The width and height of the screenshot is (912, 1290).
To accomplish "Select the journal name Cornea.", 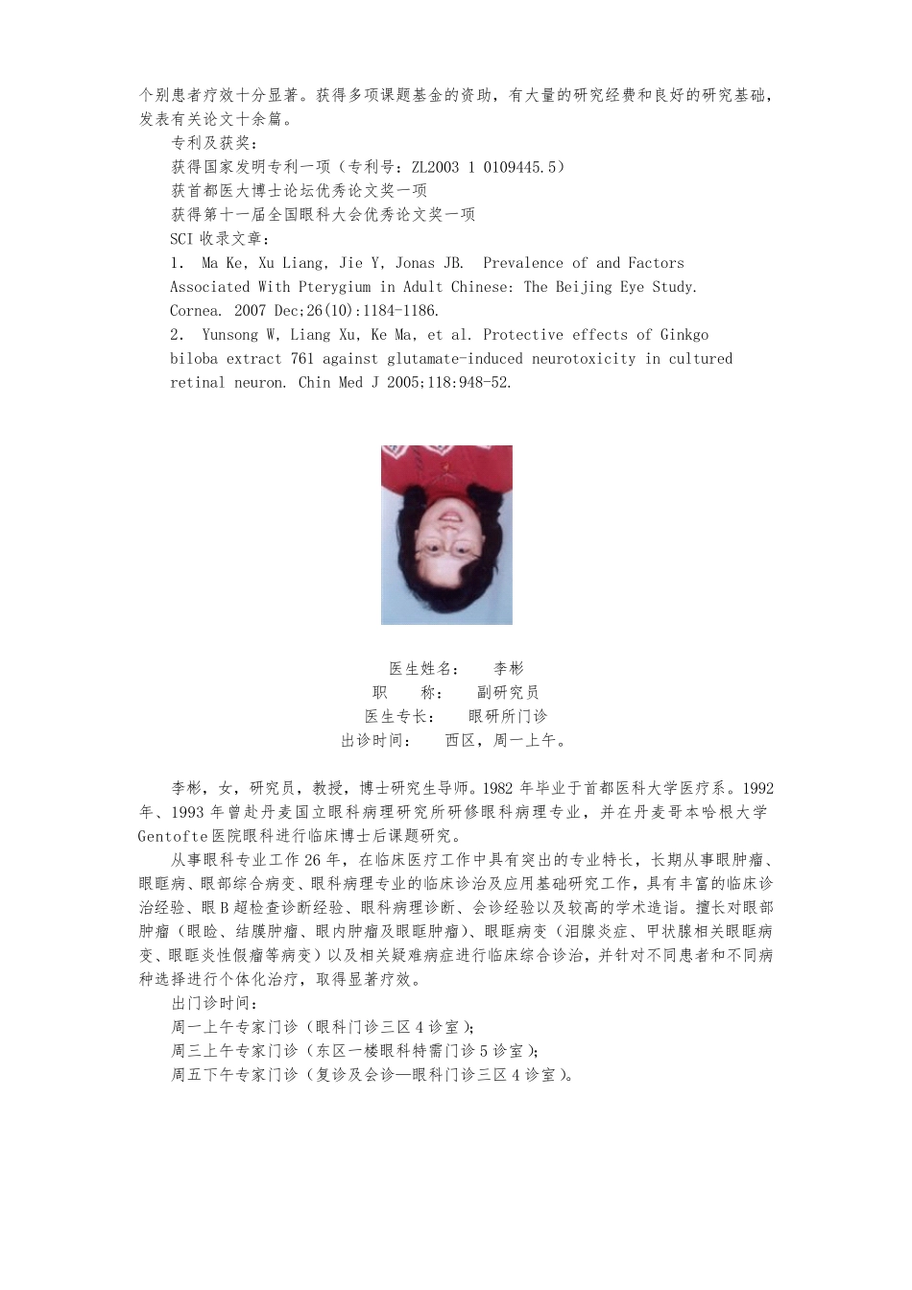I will coord(195,311).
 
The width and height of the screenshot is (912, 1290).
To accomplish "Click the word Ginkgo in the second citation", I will coord(684,335).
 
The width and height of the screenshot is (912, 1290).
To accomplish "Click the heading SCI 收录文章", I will coord(220,239).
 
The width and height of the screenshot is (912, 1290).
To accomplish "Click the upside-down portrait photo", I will coord(446,535).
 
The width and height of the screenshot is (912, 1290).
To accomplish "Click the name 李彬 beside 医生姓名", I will coord(509,669).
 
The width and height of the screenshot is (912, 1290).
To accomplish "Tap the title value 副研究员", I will coord(508,693).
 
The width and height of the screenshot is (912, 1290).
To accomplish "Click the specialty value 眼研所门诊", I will coord(508,717).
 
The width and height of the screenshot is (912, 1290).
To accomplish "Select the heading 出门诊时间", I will coord(212,1004).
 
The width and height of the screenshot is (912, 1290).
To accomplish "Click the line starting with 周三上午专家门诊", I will coord(355,1051).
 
